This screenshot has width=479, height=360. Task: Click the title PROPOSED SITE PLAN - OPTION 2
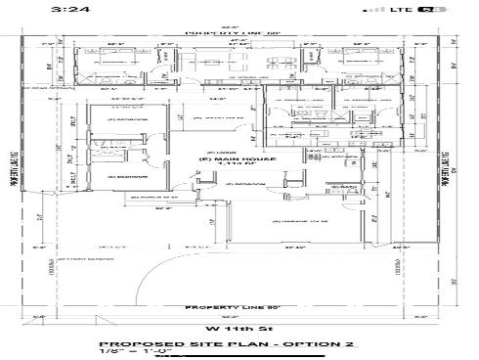[231, 344]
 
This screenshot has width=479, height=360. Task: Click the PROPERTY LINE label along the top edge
[230, 32]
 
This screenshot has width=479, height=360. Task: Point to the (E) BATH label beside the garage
[344, 186]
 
